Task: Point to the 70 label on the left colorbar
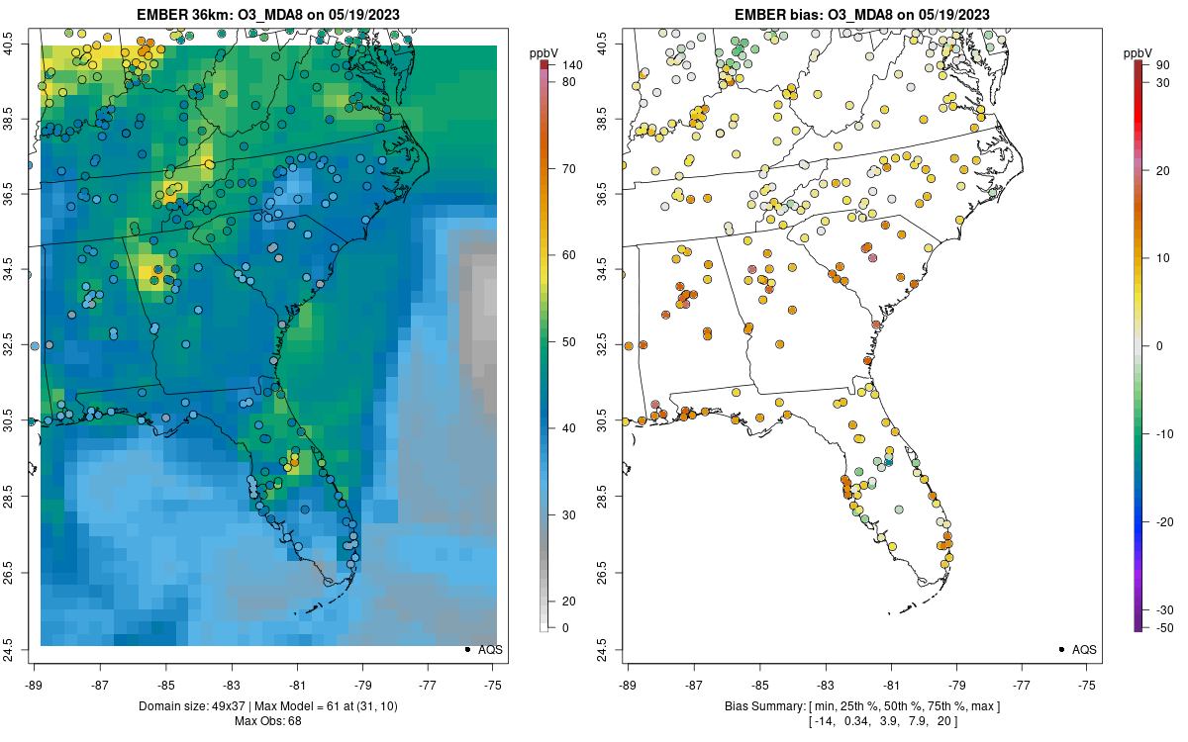click(x=570, y=169)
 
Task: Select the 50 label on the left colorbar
click(x=570, y=342)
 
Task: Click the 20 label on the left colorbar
click(x=570, y=602)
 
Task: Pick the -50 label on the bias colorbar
click(x=1164, y=627)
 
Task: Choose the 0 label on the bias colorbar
click(x=1160, y=345)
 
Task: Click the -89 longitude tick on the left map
click(x=35, y=684)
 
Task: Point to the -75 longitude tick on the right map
click(x=1088, y=684)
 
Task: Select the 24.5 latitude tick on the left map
click(x=20, y=649)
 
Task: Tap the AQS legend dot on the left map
click(x=466, y=649)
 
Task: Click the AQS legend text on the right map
click(x=1084, y=649)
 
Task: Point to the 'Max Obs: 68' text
click(x=268, y=720)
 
